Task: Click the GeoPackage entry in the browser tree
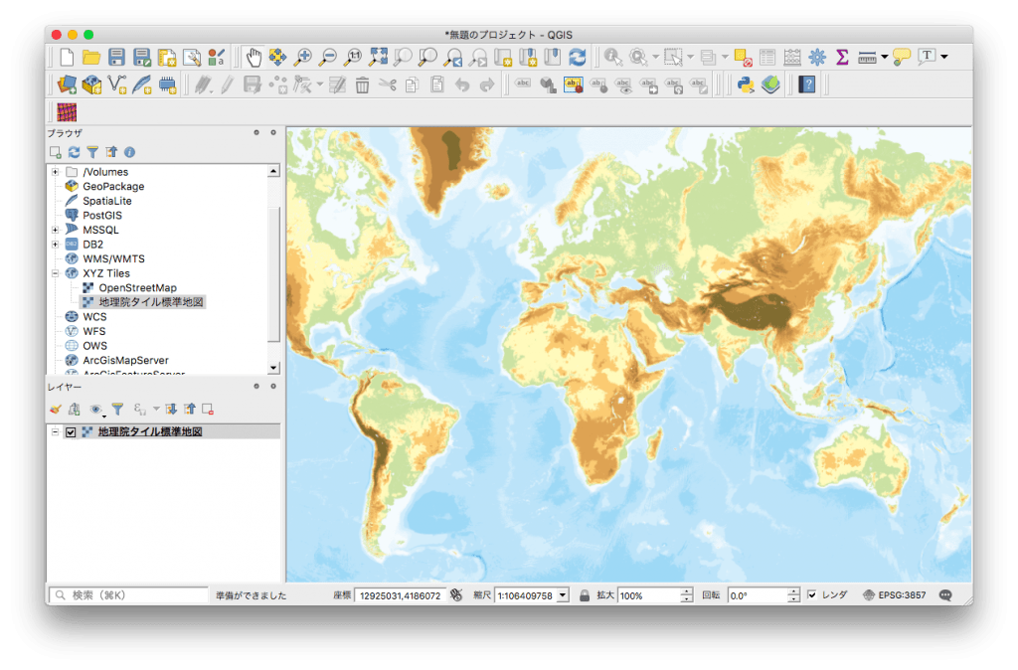113,186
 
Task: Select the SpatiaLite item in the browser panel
106,201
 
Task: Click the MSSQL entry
100,230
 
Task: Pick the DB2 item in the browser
92,244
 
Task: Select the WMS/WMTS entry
113,258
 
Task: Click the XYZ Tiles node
105,273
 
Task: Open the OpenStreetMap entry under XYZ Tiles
137,287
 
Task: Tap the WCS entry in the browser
94,317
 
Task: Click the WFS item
94,331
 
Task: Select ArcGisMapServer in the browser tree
125,360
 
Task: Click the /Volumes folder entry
105,172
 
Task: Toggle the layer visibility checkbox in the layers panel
71,432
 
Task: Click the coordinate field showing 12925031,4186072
399,594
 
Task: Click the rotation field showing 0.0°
757,594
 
